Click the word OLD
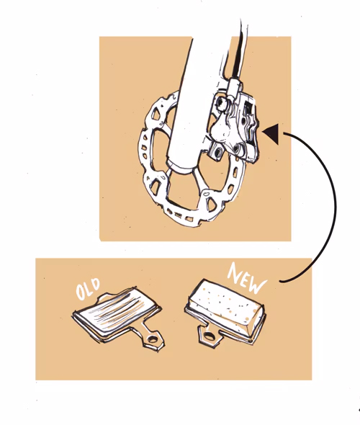coord(89,288)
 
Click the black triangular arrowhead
coord(271,134)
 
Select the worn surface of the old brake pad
coord(118,309)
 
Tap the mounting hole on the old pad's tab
coord(152,339)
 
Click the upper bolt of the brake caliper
coord(222,103)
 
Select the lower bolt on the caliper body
coord(237,148)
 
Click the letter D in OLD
coord(95,284)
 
